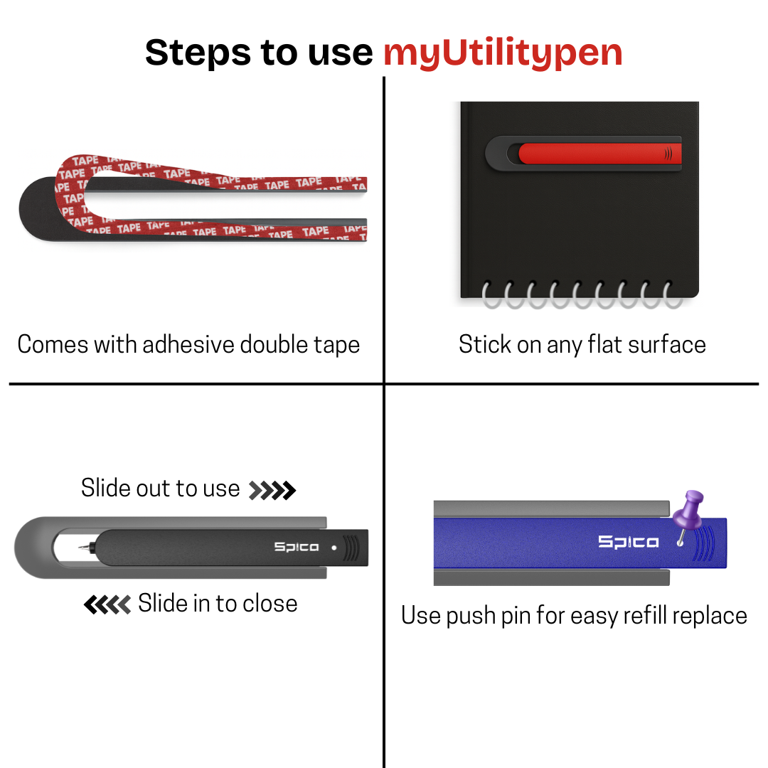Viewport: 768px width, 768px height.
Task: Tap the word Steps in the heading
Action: click(x=198, y=53)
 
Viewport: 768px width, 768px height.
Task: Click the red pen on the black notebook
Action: click(x=599, y=154)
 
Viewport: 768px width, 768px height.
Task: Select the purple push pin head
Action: click(x=688, y=509)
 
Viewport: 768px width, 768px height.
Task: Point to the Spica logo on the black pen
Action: click(x=297, y=547)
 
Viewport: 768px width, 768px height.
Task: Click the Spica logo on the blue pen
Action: click(x=629, y=542)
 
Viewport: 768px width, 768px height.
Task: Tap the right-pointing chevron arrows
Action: click(x=272, y=490)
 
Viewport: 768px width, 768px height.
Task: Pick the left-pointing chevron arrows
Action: click(x=107, y=604)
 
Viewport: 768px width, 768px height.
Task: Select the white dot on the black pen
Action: click(x=334, y=548)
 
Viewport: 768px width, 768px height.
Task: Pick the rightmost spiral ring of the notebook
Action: click(x=673, y=295)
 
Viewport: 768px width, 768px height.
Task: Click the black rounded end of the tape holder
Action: click(x=39, y=209)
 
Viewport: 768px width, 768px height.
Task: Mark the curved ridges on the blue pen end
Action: click(x=705, y=543)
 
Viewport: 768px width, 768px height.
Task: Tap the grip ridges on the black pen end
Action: click(x=351, y=548)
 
